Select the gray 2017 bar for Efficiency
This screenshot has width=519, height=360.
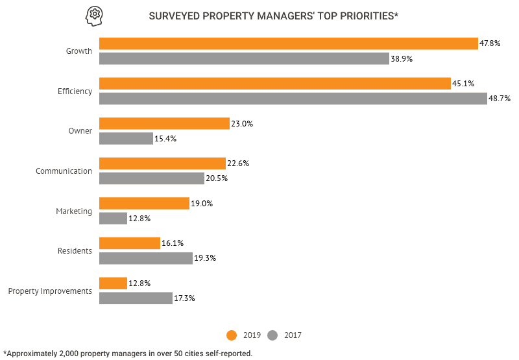293,99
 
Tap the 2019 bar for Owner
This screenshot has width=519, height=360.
164,123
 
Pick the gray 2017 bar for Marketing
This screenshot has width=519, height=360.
113,219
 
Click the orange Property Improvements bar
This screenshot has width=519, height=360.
113,283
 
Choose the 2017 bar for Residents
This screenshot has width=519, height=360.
146,258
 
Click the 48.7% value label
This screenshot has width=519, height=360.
500,99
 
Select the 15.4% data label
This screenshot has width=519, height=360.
165,139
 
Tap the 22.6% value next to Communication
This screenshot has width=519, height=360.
238,163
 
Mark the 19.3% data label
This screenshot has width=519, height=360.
205,258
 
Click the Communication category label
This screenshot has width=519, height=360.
64,171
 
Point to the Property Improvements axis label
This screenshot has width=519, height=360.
50,291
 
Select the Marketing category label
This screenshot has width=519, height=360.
74,211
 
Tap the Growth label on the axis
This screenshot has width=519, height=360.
79,51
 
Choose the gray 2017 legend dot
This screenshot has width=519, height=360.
272,335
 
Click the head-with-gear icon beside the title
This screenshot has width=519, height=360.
94,15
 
